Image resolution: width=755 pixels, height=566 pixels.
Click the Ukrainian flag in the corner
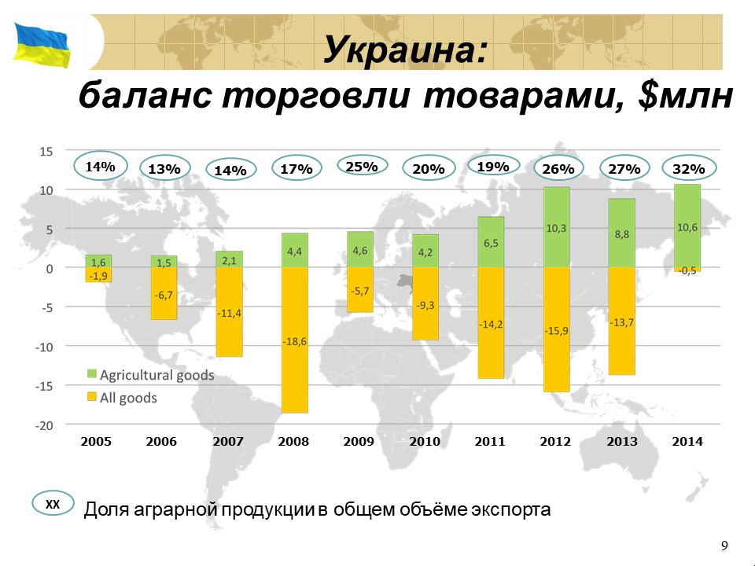42,45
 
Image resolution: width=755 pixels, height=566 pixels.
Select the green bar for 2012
557,227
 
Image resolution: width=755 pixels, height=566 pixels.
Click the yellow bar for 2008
295,340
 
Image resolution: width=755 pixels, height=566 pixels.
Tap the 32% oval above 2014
689,168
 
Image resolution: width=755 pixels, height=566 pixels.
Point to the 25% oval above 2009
362,166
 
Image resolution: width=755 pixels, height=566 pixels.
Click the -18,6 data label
295,342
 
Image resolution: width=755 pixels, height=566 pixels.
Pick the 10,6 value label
687,228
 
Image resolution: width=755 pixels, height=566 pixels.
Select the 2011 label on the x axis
490,441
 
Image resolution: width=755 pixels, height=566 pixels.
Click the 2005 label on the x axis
96,441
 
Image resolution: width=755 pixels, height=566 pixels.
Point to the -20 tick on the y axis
44,425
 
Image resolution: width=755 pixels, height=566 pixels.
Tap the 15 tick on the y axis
46,152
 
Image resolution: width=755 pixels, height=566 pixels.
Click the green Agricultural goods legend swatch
92,374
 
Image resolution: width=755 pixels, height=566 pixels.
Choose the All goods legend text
128,398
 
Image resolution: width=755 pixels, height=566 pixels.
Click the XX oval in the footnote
53,503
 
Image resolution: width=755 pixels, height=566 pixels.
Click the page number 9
724,546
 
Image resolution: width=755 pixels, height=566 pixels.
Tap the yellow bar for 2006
164,293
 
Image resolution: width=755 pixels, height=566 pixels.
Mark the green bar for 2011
491,242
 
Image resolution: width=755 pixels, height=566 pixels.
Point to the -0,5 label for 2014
687,271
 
